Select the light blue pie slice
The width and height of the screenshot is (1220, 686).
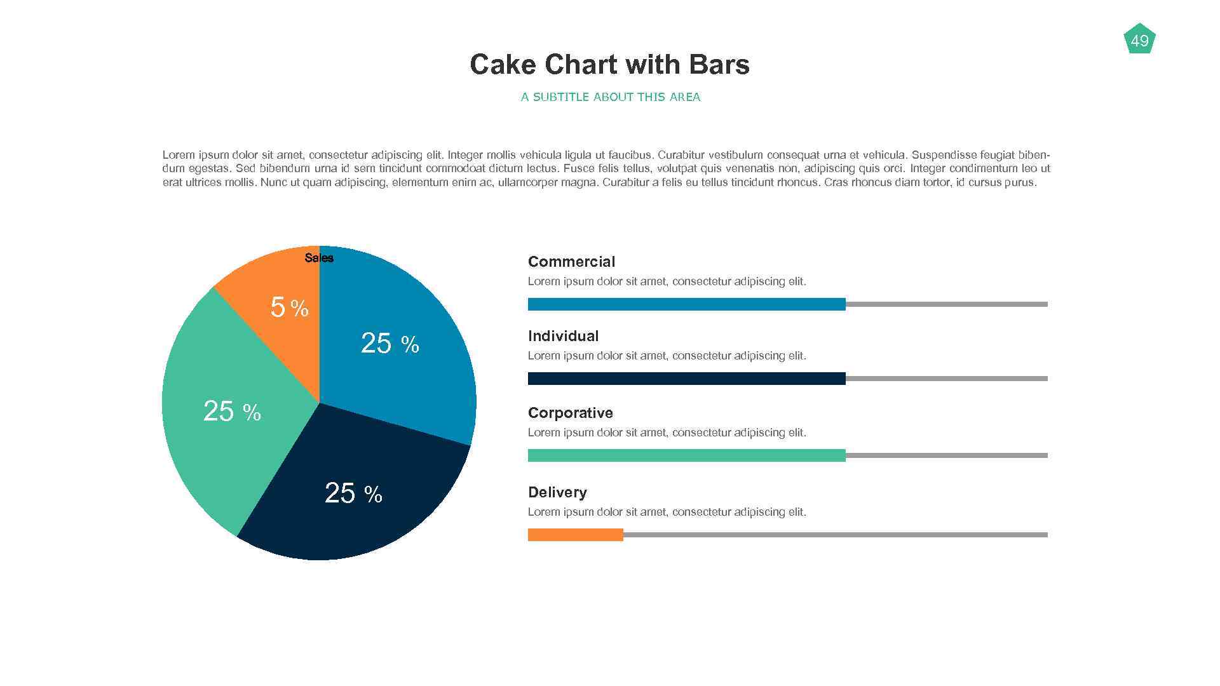tap(407, 381)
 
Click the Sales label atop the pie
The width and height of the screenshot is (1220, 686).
tap(319, 258)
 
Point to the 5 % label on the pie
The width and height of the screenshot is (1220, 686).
tap(289, 308)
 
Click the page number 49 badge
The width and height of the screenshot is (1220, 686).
tap(1139, 41)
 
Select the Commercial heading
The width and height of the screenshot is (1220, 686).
tap(571, 262)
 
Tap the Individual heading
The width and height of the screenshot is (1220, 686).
tap(563, 336)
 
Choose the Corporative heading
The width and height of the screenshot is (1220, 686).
tap(570, 413)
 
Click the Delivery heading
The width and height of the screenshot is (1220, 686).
tap(557, 492)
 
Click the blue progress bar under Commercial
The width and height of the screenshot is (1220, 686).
tap(686, 304)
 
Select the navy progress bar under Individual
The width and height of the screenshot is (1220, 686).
tap(686, 379)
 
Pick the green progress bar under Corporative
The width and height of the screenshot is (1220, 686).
tap(686, 455)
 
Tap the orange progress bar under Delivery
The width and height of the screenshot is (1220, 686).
tap(575, 535)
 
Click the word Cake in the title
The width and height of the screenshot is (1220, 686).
tap(503, 65)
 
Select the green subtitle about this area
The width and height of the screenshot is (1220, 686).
tap(610, 97)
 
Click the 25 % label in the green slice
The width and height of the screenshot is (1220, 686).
tap(232, 412)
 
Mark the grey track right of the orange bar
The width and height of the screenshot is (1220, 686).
tap(835, 535)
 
